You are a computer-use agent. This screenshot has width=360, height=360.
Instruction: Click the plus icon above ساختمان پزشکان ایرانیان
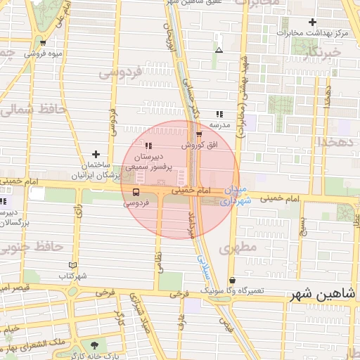(x=96, y=154)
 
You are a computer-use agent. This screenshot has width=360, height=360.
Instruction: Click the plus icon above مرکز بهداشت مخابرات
(x=313, y=22)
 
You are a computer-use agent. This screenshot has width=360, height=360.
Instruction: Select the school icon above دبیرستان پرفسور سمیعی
(x=148, y=145)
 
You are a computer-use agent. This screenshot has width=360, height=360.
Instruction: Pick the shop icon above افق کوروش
(x=199, y=134)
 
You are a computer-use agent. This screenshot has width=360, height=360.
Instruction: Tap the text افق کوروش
(x=200, y=145)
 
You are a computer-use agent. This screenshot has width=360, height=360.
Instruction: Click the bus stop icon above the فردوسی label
(x=136, y=191)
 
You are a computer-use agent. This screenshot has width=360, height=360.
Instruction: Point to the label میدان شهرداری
(x=236, y=196)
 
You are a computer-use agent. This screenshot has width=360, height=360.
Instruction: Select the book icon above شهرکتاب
(x=73, y=265)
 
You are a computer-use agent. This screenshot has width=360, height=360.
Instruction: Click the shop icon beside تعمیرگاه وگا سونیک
(x=231, y=280)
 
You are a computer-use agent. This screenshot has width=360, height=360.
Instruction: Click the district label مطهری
(x=233, y=248)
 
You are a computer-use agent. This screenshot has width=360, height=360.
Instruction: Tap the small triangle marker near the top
(x=219, y=50)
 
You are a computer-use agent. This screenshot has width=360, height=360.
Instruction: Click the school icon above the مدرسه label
(x=219, y=113)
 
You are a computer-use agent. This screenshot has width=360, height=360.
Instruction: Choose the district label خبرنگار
(x=318, y=53)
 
